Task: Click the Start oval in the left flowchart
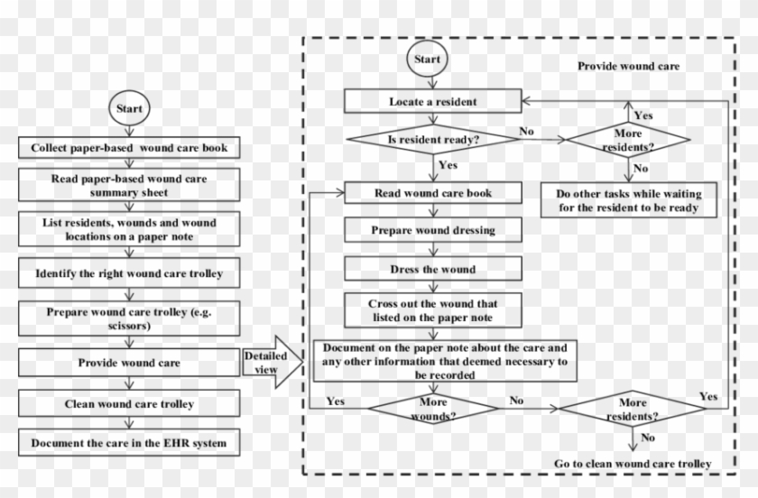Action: click(x=130, y=107)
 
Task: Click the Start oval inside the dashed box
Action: click(x=427, y=59)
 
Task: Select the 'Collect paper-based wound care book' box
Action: click(x=130, y=147)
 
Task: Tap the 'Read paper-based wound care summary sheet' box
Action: click(x=130, y=186)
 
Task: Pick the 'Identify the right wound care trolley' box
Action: click(x=130, y=272)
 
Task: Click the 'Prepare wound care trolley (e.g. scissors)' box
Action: click(x=130, y=318)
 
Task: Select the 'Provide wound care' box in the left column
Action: click(x=130, y=363)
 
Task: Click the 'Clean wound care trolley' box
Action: click(x=130, y=403)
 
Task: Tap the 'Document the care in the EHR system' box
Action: click(x=130, y=443)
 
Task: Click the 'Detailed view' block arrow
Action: click(x=269, y=363)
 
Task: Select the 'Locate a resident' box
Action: click(x=433, y=101)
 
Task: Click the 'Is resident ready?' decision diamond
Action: click(x=433, y=140)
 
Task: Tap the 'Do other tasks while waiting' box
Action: click(x=628, y=201)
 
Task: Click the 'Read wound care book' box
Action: click(x=433, y=192)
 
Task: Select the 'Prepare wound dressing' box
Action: click(x=433, y=230)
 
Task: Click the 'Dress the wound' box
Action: click(x=433, y=269)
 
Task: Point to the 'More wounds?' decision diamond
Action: click(x=433, y=407)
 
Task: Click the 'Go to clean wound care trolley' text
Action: click(x=633, y=464)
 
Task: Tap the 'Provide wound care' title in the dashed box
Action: click(x=628, y=67)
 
